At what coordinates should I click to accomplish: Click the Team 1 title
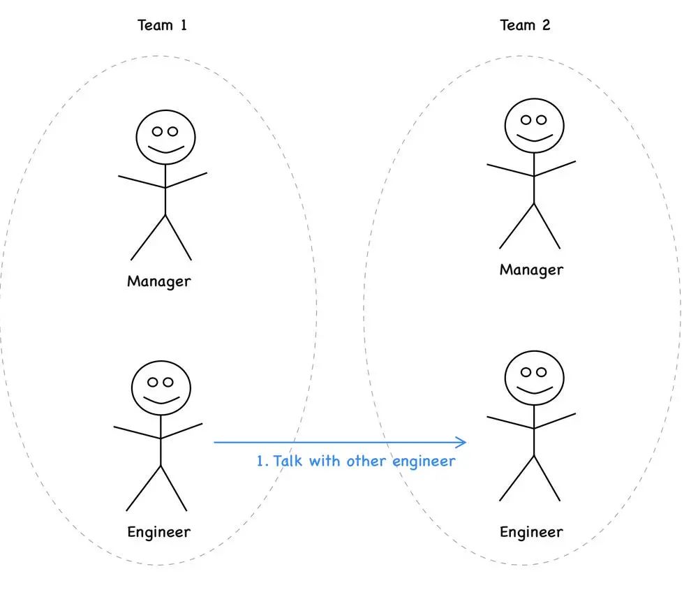point(162,26)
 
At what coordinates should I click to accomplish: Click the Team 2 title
point(525,26)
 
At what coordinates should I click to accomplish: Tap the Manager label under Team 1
point(158,281)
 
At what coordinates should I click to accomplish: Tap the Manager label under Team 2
point(531,270)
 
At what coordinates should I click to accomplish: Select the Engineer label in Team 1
point(158,532)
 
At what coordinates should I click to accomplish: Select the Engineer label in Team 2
point(531,532)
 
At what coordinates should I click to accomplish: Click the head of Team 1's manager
point(165,135)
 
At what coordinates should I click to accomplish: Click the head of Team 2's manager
point(534,125)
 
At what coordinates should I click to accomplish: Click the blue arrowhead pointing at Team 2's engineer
point(461,442)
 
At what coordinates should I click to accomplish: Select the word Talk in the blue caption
point(286,461)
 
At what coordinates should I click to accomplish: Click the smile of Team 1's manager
point(165,149)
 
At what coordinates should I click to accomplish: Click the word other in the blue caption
point(367,461)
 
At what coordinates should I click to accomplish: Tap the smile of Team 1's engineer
point(161,401)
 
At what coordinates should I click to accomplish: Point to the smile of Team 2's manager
point(534,138)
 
